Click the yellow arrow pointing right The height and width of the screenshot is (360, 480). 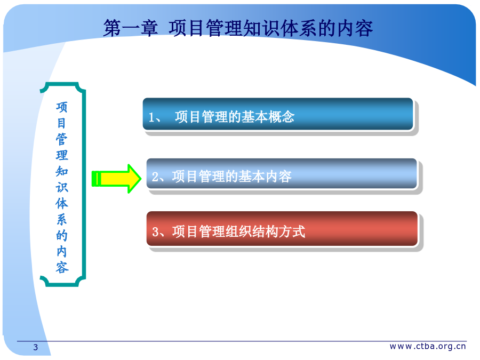[117, 179]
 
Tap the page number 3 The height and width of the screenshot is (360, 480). [36, 347]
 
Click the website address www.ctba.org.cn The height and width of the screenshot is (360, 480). [428, 346]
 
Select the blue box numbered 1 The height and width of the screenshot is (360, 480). [278, 114]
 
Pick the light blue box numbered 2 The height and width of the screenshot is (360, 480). [282, 173]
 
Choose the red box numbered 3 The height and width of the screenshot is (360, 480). [282, 229]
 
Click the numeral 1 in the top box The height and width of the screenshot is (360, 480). [151, 117]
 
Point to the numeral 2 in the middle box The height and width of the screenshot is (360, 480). [155, 177]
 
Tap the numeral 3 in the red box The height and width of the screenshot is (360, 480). [155, 232]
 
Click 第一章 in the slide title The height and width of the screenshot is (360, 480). [131, 28]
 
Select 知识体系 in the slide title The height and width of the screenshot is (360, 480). [280, 28]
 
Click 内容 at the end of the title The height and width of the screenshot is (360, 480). [355, 28]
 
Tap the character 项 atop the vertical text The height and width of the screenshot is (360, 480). [61, 107]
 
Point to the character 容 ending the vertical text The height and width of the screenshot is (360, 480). [61, 267]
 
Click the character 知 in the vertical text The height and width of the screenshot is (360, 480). [61, 171]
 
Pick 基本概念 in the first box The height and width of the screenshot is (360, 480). [268, 117]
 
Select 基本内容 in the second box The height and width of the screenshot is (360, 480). [265, 177]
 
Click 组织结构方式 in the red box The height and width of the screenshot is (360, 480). [266, 231]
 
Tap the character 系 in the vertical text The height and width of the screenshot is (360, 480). [61, 220]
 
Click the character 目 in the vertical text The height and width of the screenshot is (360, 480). [61, 123]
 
